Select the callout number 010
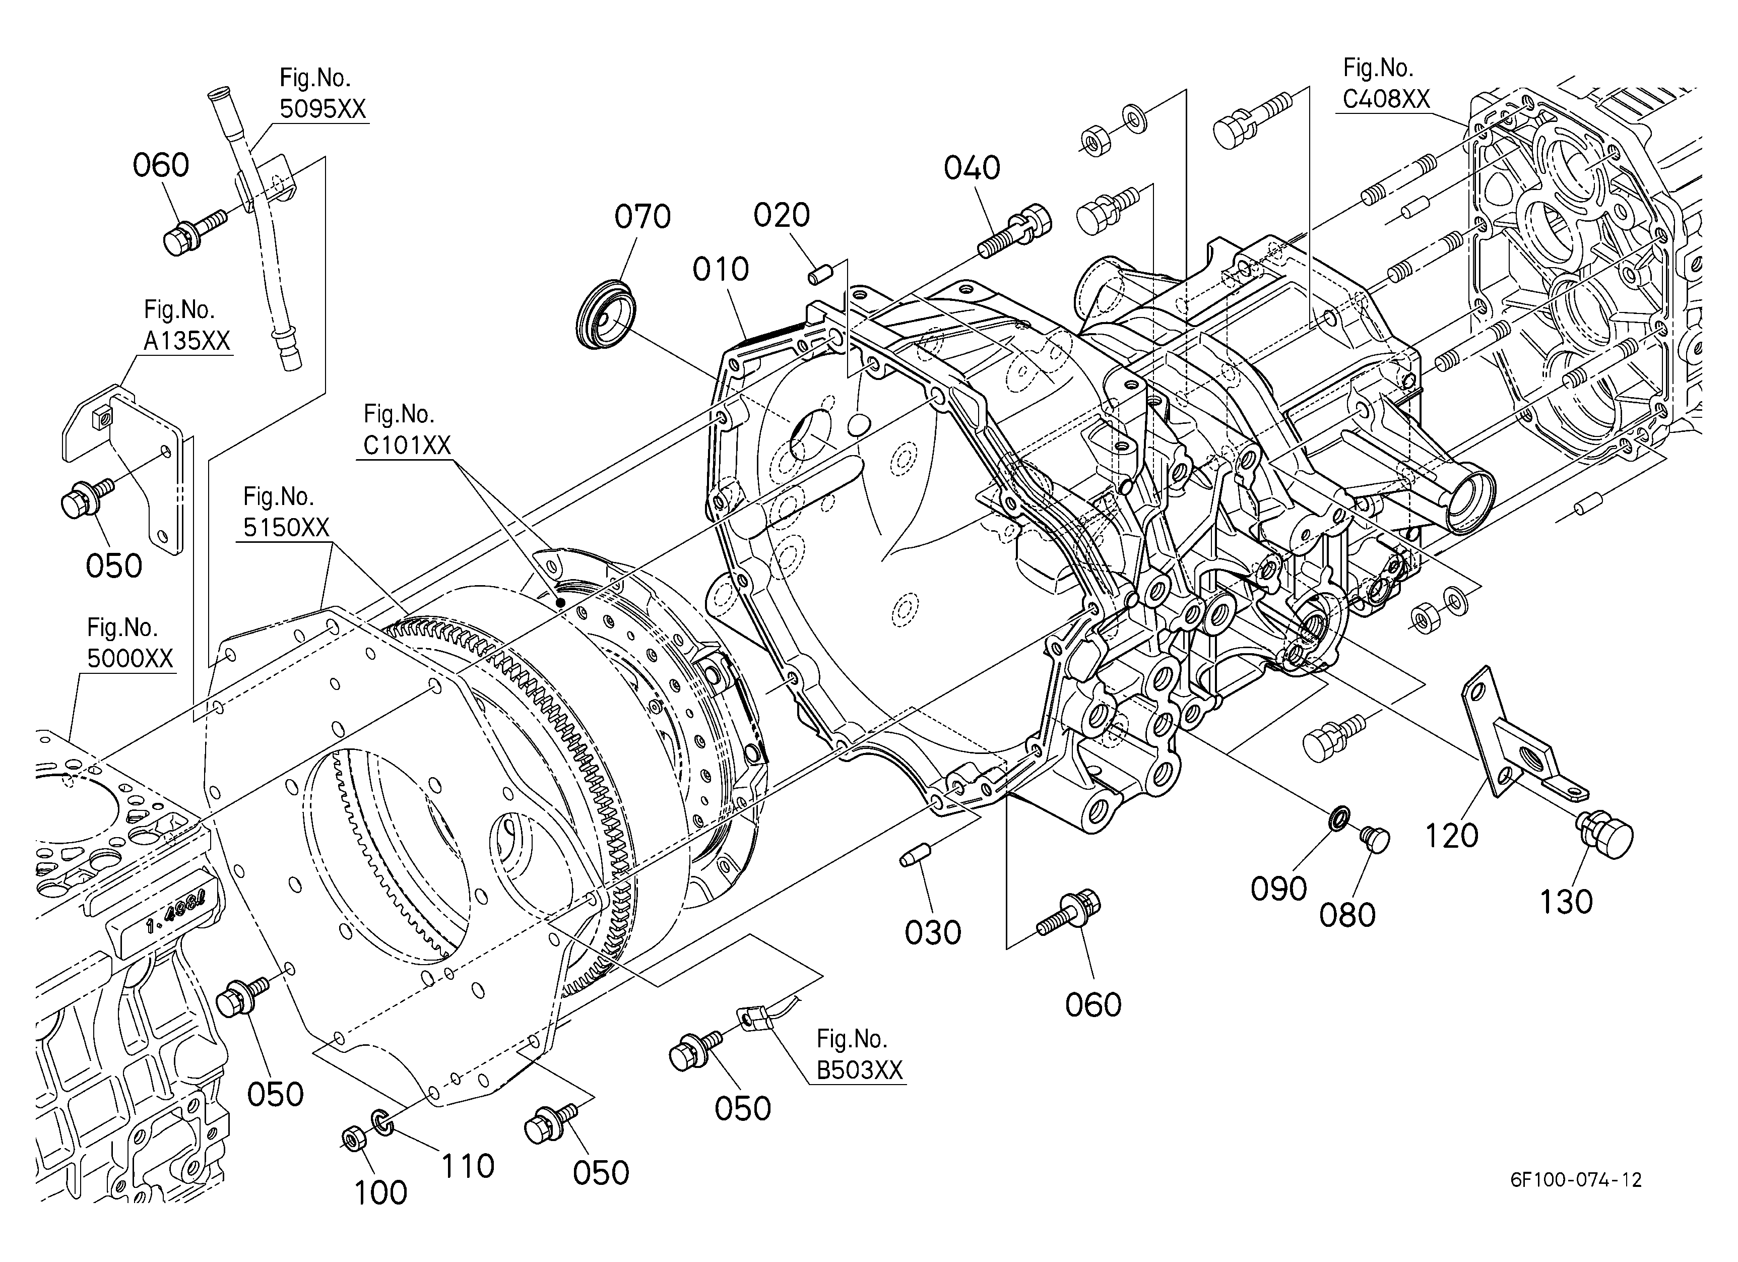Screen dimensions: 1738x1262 [720, 269]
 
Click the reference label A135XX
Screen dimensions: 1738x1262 [187, 341]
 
